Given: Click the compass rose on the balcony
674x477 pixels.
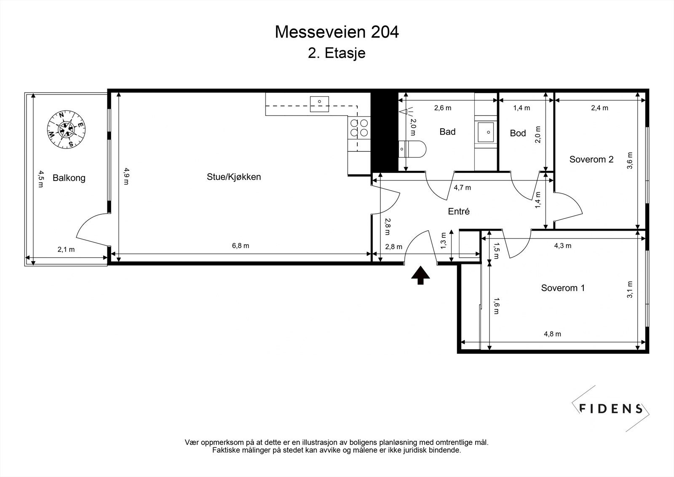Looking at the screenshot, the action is click(x=66, y=129).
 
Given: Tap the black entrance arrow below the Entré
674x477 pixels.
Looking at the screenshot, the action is click(x=421, y=275).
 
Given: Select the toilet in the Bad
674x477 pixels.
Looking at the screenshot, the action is click(x=412, y=149).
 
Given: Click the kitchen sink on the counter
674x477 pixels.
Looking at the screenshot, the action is click(x=319, y=104).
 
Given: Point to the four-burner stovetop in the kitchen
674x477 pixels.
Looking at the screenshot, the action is click(x=359, y=128).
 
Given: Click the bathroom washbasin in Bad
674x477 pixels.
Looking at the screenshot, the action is click(x=486, y=132).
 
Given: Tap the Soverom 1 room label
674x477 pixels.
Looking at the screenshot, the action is click(x=563, y=288).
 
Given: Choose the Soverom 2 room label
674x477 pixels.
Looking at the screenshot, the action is click(x=591, y=159).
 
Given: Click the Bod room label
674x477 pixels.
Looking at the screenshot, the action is click(x=518, y=133).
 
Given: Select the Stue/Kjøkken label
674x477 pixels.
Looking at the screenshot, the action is click(x=234, y=177).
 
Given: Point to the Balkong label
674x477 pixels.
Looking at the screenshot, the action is click(x=69, y=178).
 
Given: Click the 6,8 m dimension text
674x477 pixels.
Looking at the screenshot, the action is click(x=241, y=246).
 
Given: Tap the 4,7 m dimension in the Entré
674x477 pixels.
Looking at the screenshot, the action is click(x=463, y=188).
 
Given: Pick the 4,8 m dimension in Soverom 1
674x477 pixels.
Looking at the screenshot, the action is click(x=552, y=334).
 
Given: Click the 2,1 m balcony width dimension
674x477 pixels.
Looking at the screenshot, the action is click(x=66, y=250).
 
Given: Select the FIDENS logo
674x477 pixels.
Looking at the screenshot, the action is click(x=610, y=409).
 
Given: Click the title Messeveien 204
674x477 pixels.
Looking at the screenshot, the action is click(x=337, y=32).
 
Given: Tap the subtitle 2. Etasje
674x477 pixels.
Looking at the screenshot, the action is click(x=337, y=53).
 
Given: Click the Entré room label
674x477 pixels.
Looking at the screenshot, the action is click(x=459, y=212).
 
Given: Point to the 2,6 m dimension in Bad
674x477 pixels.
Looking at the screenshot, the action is click(x=443, y=108).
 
